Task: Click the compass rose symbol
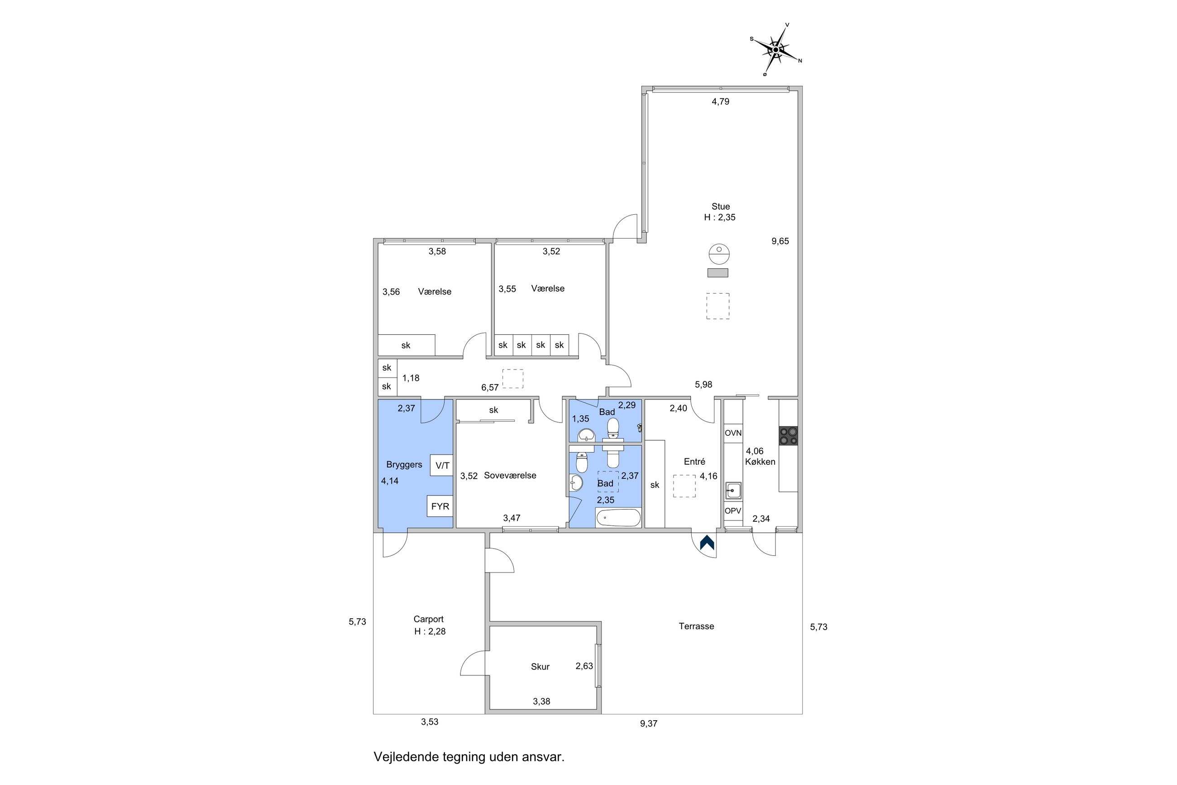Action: tap(775, 49)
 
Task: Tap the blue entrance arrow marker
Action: tap(706, 543)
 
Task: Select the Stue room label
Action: tap(720, 206)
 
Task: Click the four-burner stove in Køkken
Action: tap(788, 436)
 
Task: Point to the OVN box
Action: tap(733, 433)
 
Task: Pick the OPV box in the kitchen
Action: tap(733, 511)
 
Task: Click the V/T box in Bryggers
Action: tap(442, 466)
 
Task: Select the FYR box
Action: tap(440, 506)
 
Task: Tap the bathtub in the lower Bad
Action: tap(618, 518)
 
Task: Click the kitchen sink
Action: tap(733, 491)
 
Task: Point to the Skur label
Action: tap(540, 666)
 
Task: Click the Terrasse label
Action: tap(696, 626)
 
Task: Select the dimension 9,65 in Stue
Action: tap(780, 241)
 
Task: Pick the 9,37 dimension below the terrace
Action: tap(648, 723)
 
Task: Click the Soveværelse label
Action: tap(510, 475)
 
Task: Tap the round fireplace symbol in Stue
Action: tap(719, 254)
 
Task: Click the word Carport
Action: tap(428, 619)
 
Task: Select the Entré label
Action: tap(694, 462)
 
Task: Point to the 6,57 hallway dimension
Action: tap(490, 387)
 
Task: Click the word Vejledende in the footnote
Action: tap(406, 756)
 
